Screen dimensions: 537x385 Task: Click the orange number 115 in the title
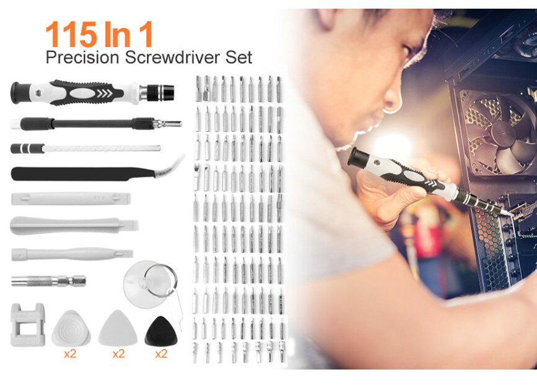coord(71,35)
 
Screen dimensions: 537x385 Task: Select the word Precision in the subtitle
coord(83,57)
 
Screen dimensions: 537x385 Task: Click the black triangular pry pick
coord(161,331)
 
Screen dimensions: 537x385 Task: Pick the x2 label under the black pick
coord(161,353)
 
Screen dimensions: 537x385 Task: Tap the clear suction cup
coord(146,284)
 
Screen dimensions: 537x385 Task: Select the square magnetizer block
coord(27,324)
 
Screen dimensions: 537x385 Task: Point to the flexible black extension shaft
coord(93,124)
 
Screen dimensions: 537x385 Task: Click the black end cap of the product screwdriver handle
coord(17,92)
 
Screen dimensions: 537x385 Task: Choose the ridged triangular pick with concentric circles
coord(71,329)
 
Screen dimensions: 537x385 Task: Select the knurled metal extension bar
coord(48,281)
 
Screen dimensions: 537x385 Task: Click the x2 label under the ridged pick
coord(70,353)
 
